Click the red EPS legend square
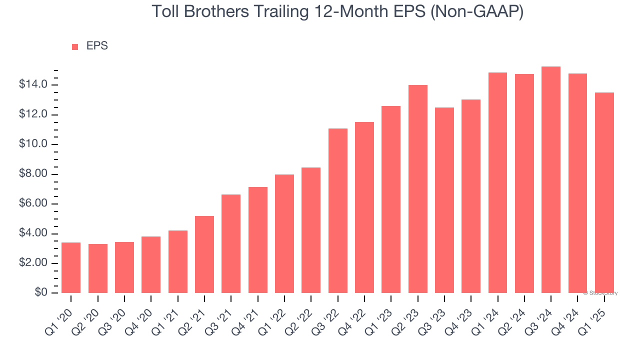75,46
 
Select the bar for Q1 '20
71,268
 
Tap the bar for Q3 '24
551,180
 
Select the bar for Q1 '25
604,193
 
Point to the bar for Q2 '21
204,254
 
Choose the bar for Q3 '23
444,200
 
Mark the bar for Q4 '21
258,240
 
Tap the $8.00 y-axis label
34,174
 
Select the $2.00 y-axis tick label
34,263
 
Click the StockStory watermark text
600,293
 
